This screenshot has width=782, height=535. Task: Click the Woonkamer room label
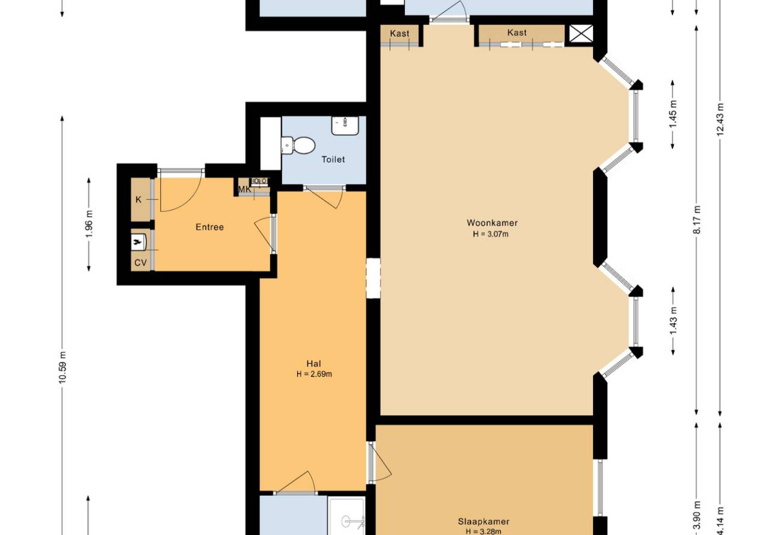492,222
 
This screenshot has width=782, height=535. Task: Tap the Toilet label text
333,159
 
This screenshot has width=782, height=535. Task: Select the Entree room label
209,227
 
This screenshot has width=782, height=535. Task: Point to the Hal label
313,364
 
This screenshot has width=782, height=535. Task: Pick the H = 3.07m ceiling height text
490,234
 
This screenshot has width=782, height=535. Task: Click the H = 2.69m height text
314,374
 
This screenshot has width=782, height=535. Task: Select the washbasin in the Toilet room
345,126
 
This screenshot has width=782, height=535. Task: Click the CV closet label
141,263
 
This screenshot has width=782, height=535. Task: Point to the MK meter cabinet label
244,189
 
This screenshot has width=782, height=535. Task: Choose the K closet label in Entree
138,200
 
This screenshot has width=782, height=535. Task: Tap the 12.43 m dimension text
720,120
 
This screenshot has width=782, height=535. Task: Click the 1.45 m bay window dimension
673,114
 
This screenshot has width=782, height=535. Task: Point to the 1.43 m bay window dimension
673,320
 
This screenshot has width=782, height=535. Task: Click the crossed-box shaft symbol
581,34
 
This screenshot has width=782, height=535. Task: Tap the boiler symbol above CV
138,241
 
